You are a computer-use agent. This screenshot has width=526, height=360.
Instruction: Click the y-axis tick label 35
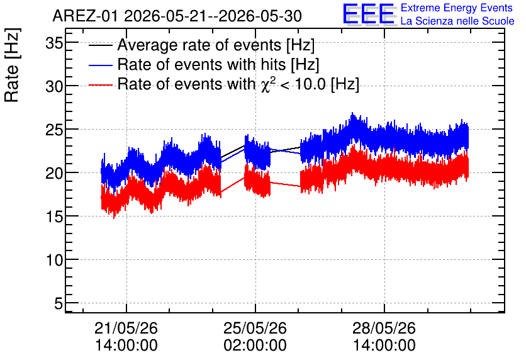pyautogui.click(x=54, y=43)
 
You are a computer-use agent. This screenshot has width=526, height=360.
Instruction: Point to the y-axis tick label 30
pyautogui.click(x=54, y=87)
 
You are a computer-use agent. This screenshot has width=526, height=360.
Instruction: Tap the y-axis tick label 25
pyautogui.click(x=54, y=130)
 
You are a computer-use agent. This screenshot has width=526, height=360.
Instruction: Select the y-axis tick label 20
pyautogui.click(x=54, y=174)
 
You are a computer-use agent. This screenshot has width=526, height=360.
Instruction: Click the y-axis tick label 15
pyautogui.click(x=54, y=217)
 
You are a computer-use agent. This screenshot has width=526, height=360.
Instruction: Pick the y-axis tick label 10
pyautogui.click(x=54, y=260)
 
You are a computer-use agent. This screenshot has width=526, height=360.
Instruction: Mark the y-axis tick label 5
pyautogui.click(x=59, y=303)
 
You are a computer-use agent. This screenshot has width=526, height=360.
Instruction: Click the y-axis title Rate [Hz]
pyautogui.click(x=12, y=65)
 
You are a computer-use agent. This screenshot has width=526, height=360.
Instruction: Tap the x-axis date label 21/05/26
pyautogui.click(x=126, y=328)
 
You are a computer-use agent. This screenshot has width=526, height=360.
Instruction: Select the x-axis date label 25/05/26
pyautogui.click(x=255, y=328)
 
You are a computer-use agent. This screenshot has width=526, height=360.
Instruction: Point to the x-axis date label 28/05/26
pyautogui.click(x=384, y=328)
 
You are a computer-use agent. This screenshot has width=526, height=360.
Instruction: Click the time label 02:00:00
pyautogui.click(x=255, y=346)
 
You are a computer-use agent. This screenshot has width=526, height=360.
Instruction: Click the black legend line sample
pyautogui.click(x=100, y=45)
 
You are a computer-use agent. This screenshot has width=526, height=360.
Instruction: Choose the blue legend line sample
pyautogui.click(x=100, y=65)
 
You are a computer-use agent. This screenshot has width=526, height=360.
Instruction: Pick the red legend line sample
pyautogui.click(x=100, y=84)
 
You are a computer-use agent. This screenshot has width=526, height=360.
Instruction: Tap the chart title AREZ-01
pyautogui.click(x=85, y=16)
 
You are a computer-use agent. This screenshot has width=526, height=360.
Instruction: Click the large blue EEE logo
pyautogui.click(x=369, y=14)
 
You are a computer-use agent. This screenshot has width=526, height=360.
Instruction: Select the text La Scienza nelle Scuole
pyautogui.click(x=457, y=21)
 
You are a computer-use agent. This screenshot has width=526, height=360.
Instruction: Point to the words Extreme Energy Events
pyautogui.click(x=457, y=8)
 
